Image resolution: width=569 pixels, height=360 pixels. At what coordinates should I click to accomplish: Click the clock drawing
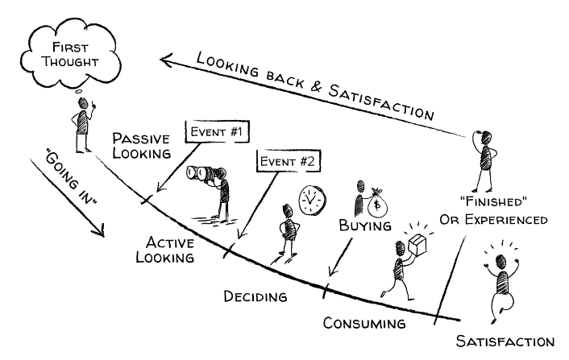click(x=309, y=199)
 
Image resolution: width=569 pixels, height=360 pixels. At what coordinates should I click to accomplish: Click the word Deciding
click(x=255, y=296)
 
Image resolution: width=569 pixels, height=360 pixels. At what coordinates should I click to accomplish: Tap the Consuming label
click(x=364, y=324)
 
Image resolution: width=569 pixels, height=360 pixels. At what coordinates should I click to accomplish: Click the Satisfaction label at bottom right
click(x=505, y=341)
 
